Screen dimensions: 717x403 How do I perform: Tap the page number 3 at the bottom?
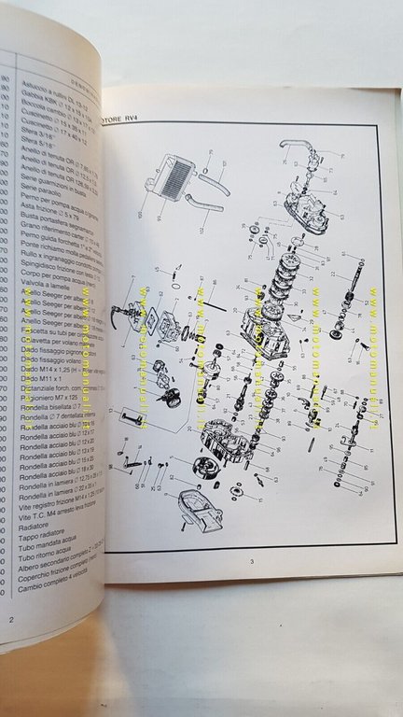[x=251, y=559]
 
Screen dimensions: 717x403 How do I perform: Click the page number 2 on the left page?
[x=11, y=621]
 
